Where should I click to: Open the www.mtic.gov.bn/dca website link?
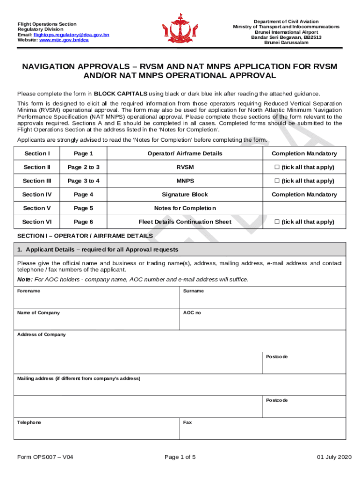64,40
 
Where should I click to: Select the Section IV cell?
37,195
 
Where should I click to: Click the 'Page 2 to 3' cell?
84,167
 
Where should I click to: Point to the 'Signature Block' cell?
185,195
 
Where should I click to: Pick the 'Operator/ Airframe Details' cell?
185,153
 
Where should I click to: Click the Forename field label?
29,291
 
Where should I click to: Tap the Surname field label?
193,291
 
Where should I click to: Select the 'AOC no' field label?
192,312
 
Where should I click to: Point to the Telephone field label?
29,422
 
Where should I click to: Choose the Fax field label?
187,422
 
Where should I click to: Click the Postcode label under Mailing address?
277,400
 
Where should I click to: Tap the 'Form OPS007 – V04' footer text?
45,457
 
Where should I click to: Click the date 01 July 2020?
334,457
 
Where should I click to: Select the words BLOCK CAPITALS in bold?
121,94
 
